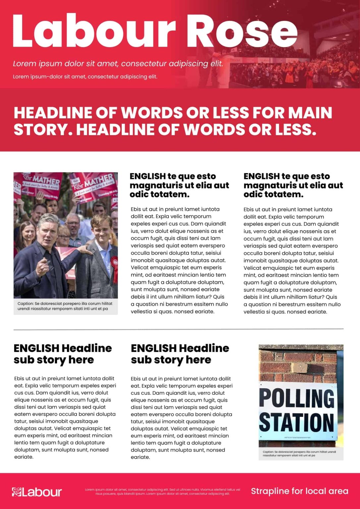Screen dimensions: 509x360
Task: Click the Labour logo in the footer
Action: tap(37, 492)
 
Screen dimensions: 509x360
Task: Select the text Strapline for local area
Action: tap(299, 491)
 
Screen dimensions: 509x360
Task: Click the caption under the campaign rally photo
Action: tap(65, 306)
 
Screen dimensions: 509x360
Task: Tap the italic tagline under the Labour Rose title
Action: tap(118, 64)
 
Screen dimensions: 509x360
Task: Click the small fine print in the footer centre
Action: tap(162, 491)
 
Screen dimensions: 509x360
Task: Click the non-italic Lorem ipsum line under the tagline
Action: tap(85, 77)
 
